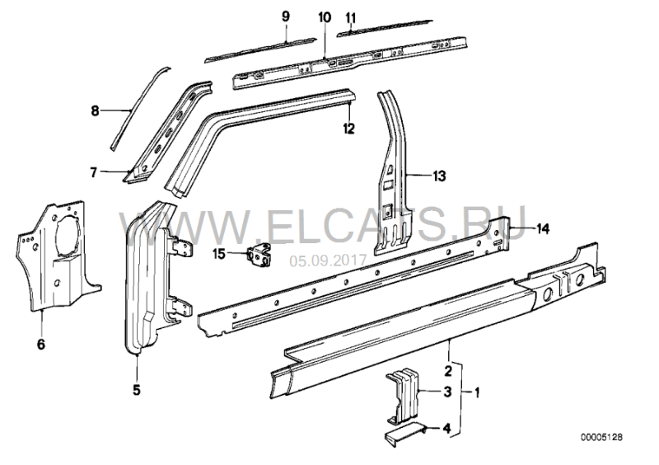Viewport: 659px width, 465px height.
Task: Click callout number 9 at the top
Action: [286, 16]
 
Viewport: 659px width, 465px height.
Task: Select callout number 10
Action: [325, 17]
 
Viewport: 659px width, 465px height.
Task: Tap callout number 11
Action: [351, 18]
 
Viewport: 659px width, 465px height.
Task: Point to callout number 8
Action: [95, 111]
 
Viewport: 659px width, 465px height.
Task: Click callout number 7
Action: [93, 172]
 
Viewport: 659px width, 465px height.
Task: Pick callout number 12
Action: [348, 129]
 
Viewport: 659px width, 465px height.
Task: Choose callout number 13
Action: [439, 176]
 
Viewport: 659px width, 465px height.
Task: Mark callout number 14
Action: [543, 229]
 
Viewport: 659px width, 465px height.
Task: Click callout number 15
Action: [219, 254]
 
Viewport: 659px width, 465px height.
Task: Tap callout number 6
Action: [40, 345]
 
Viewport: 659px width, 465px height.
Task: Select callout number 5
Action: [137, 390]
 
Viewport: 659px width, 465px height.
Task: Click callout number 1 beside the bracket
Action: [477, 392]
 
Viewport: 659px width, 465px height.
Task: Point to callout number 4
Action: [446, 429]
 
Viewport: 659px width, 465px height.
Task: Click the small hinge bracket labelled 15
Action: [259, 255]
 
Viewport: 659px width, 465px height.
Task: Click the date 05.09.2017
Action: [328, 261]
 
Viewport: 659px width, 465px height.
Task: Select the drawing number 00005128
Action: [602, 438]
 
